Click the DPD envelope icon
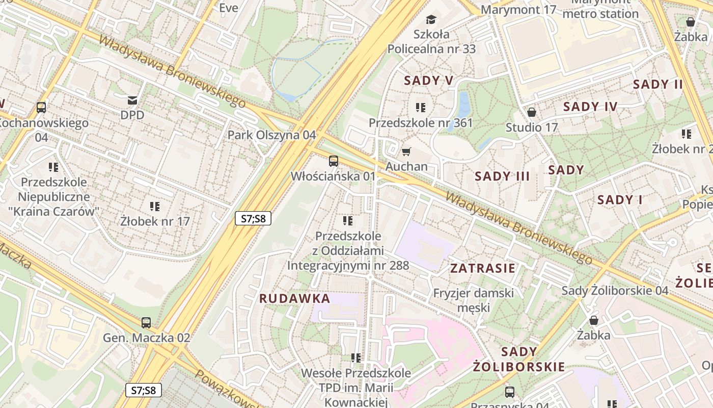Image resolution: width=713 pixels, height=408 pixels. (132, 100)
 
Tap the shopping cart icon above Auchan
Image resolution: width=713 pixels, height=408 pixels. (406, 151)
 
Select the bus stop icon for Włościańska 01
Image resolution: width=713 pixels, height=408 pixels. (333, 161)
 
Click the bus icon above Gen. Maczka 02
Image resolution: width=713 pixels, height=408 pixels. (146, 322)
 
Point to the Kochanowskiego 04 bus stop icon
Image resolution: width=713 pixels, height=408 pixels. (41, 108)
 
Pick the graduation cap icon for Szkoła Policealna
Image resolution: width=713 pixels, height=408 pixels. (431, 20)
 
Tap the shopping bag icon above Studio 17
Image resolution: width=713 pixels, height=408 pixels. (532, 112)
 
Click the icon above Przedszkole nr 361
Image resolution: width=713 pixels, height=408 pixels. (421, 108)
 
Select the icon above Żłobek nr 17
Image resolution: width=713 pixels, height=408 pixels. (155, 207)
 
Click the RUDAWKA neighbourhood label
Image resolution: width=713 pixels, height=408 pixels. (295, 298)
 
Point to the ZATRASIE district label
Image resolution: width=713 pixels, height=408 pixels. (483, 268)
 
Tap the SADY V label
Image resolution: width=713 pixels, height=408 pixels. (428, 80)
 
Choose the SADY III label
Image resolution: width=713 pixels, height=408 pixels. (502, 176)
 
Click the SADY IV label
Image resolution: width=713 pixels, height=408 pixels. (590, 107)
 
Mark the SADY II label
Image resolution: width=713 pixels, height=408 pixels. (657, 84)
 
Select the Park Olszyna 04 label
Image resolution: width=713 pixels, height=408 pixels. (271, 135)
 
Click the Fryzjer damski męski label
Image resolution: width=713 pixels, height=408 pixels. (473, 300)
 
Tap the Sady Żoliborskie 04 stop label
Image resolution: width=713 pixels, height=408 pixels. (615, 291)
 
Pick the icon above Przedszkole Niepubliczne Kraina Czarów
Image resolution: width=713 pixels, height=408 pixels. (53, 167)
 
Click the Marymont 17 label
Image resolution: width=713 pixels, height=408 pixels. (518, 10)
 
